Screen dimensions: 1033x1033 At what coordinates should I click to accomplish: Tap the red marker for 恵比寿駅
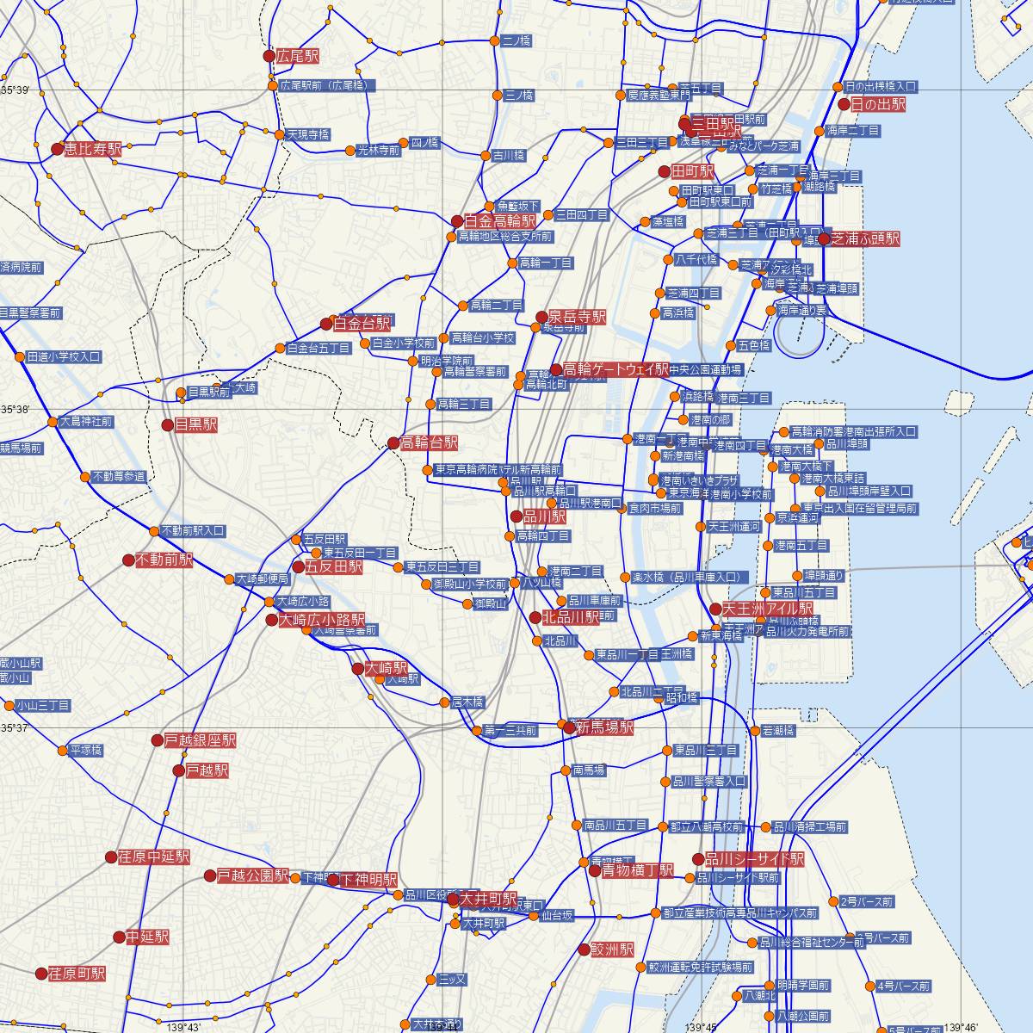[x=58, y=149]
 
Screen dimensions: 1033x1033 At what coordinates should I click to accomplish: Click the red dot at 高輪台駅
[x=393, y=443]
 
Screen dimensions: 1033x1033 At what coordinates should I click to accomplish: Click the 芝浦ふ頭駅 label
[x=865, y=238]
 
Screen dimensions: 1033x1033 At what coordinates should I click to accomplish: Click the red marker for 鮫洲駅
[x=585, y=949]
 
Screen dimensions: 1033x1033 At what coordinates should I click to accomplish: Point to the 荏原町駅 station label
[x=77, y=974]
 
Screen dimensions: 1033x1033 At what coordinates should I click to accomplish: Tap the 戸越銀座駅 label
[x=200, y=740]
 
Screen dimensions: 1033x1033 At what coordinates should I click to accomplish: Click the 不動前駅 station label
[x=164, y=560]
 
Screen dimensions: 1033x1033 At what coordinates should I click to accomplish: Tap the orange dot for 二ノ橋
[x=494, y=40]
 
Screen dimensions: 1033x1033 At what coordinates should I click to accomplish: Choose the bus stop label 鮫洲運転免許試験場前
[x=701, y=968]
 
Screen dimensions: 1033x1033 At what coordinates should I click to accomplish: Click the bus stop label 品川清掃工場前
[x=810, y=827]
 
